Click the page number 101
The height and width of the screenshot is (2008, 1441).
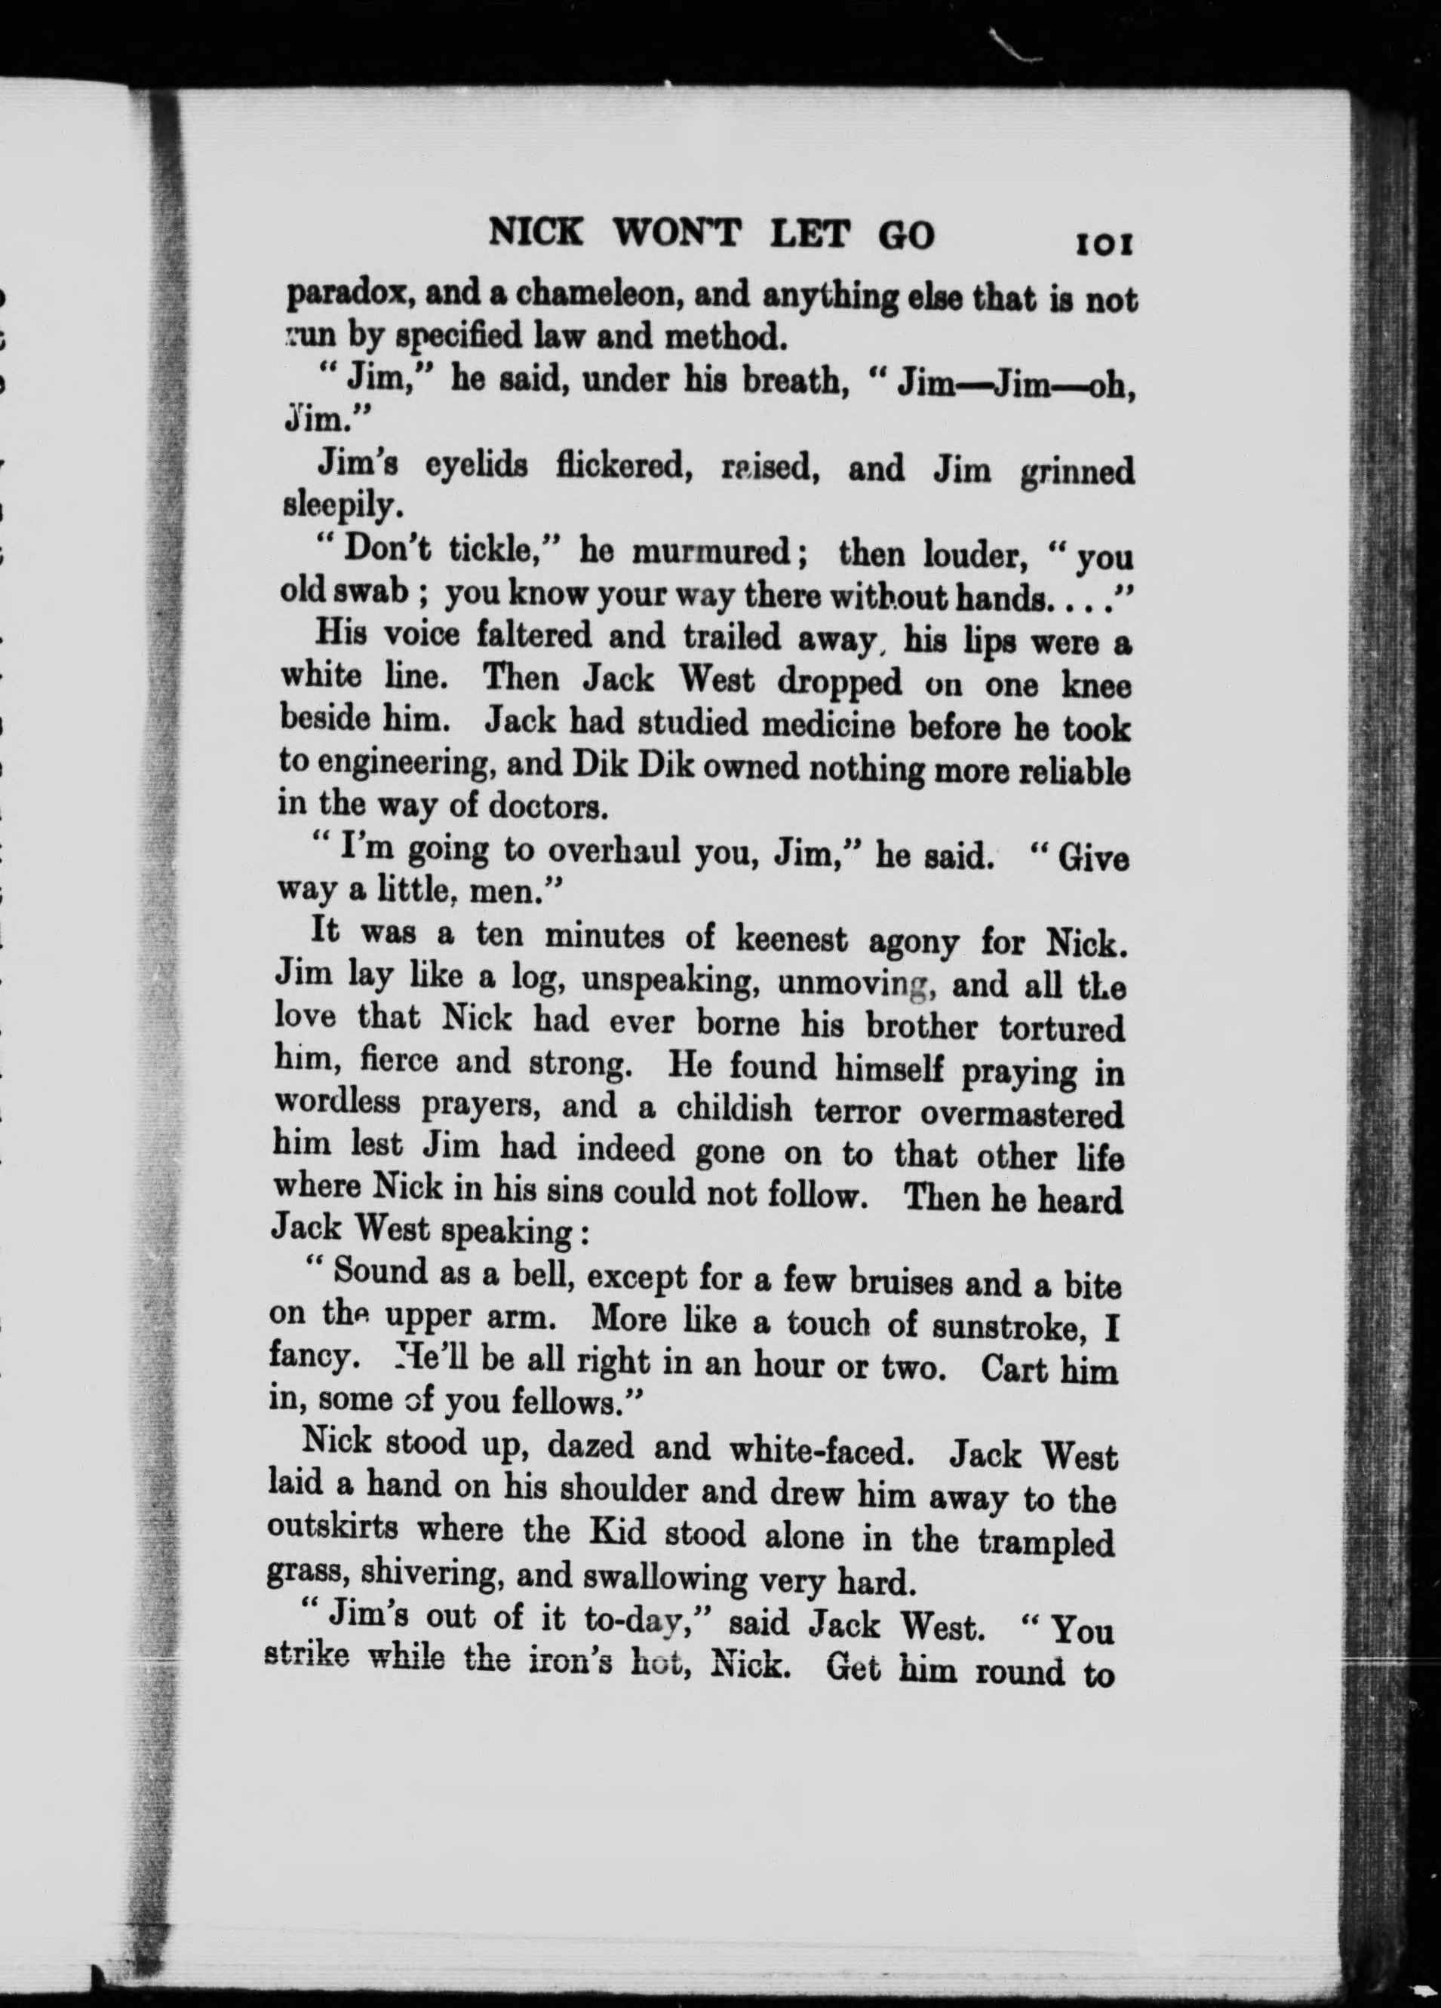pos(1104,244)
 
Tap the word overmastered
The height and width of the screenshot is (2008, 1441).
pos(1022,1113)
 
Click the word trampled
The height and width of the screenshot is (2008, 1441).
pos(1045,1544)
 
